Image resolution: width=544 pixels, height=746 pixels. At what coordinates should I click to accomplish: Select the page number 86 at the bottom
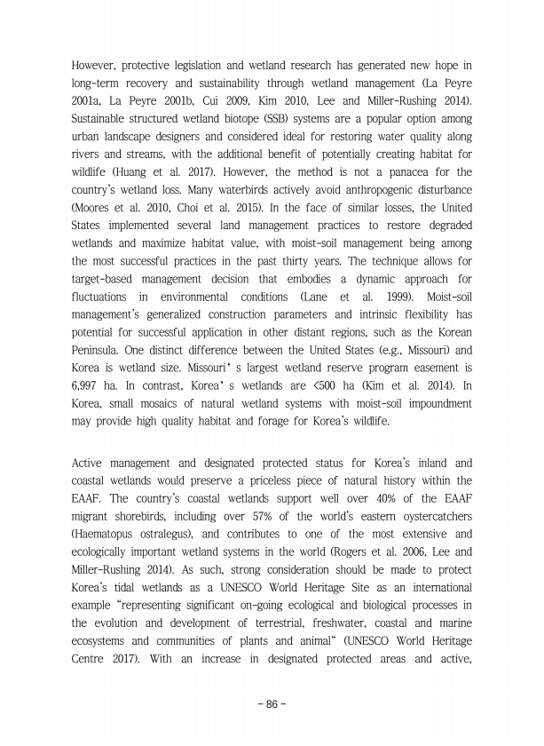pos(272,703)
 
